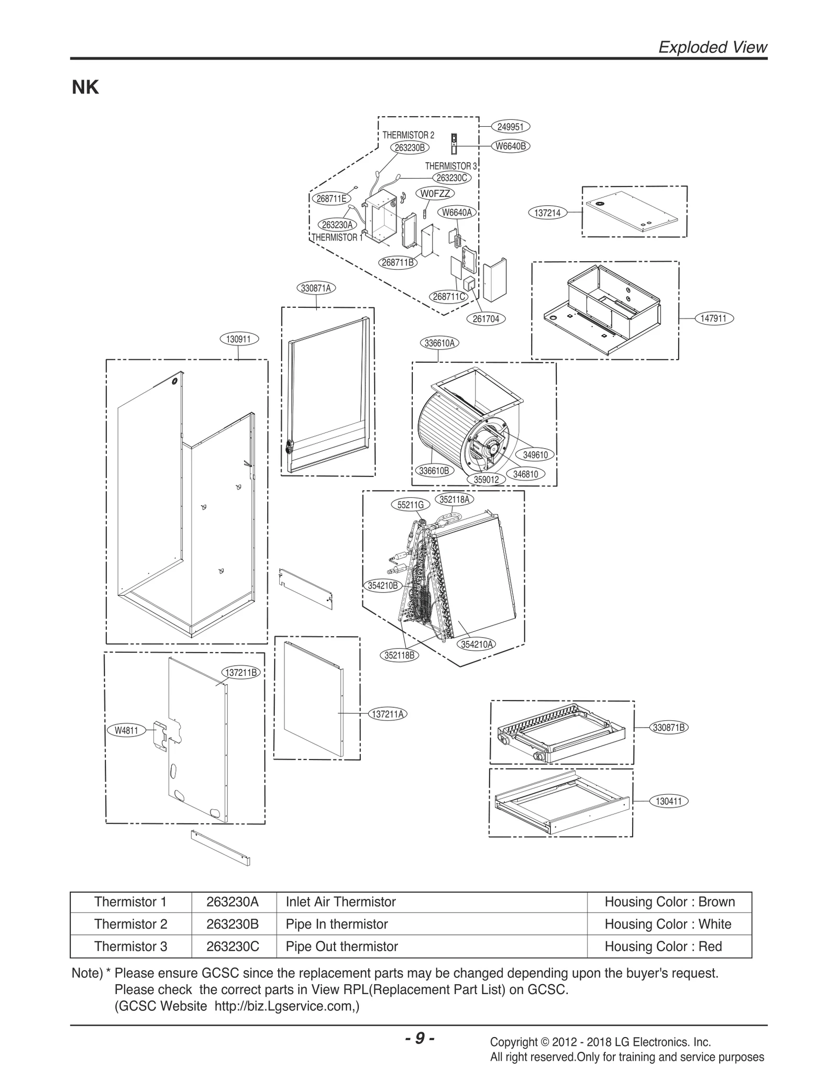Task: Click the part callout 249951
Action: [x=510, y=127]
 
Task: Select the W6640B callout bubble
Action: [x=510, y=147]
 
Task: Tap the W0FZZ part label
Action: [x=435, y=193]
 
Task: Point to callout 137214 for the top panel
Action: [x=547, y=213]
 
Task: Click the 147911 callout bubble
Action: [x=713, y=318]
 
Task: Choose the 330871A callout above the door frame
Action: [x=316, y=288]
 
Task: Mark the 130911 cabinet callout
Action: [x=238, y=339]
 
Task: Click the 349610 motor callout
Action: [x=535, y=454]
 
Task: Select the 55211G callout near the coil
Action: [x=410, y=505]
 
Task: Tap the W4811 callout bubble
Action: [x=126, y=730]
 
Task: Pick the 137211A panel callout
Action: [x=388, y=714]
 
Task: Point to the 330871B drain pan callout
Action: [x=669, y=727]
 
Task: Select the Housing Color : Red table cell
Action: [x=663, y=947]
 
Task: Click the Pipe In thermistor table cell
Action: [x=337, y=924]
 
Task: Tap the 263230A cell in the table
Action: [x=233, y=902]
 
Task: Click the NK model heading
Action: [x=85, y=88]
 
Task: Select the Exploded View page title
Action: [x=712, y=48]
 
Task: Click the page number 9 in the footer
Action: [x=420, y=1038]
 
